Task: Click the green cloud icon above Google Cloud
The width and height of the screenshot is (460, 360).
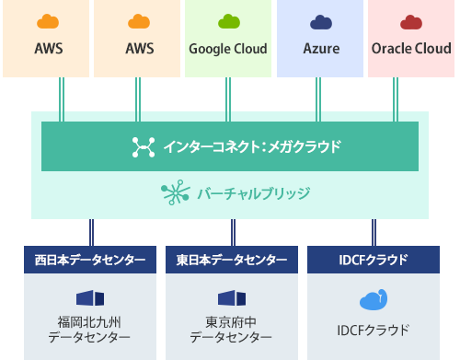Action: pyautogui.click(x=227, y=22)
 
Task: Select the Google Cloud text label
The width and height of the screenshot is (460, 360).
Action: pyautogui.click(x=227, y=49)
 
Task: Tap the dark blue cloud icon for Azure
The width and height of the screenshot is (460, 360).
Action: pyautogui.click(x=320, y=22)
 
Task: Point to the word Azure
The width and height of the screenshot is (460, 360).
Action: pyautogui.click(x=320, y=49)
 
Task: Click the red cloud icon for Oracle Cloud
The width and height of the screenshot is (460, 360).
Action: pyautogui.click(x=411, y=22)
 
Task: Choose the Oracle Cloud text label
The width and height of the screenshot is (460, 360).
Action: pyautogui.click(x=411, y=49)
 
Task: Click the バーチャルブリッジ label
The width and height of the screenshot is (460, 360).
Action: pyautogui.click(x=254, y=193)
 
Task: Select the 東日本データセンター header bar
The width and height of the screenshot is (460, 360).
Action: pyautogui.click(x=230, y=260)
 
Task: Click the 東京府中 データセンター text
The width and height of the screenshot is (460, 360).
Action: pyautogui.click(x=230, y=331)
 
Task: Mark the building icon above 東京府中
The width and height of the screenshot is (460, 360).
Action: pyautogui.click(x=230, y=298)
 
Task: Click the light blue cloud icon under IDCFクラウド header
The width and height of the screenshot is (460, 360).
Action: pyautogui.click(x=373, y=301)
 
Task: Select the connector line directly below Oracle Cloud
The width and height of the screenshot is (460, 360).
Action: pyautogui.click(x=396, y=95)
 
